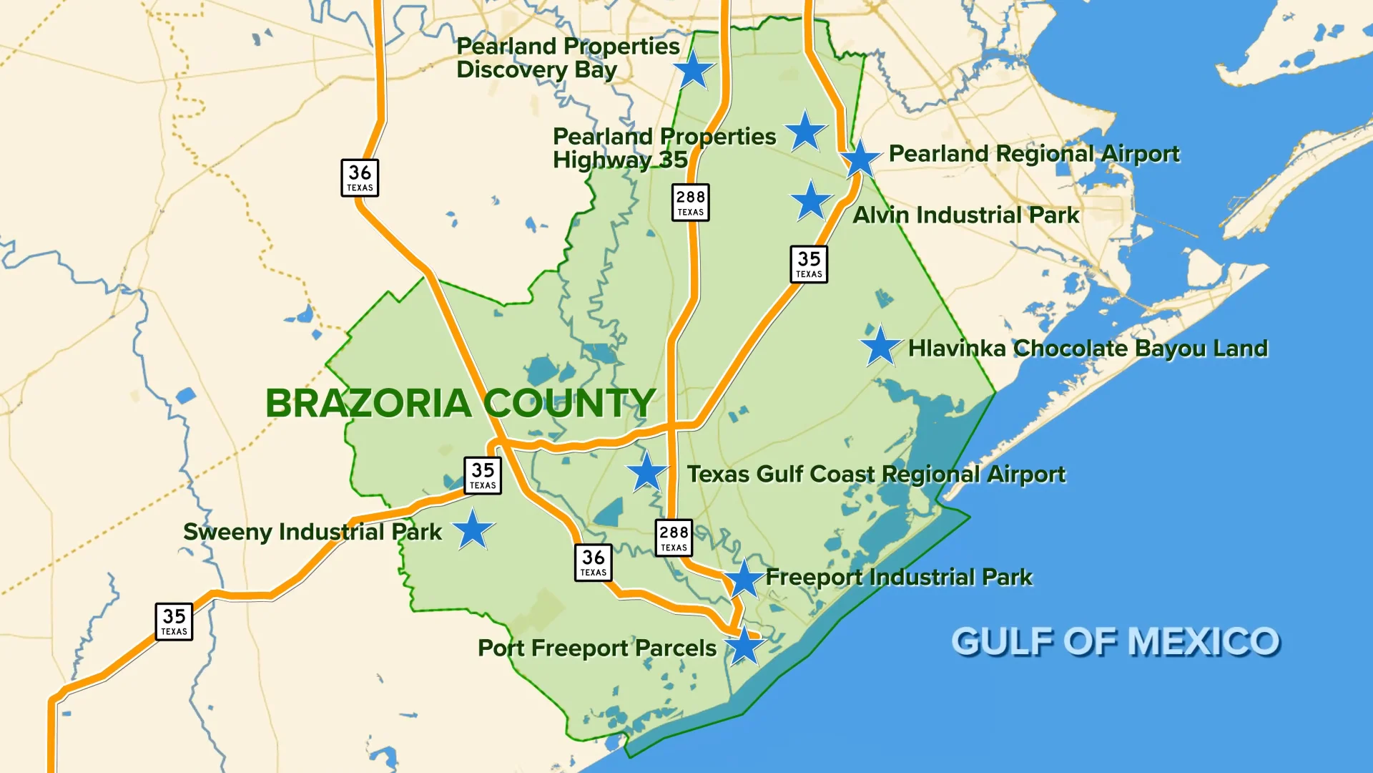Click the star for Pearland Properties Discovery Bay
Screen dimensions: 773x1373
(x=693, y=71)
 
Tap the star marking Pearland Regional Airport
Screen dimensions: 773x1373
(x=860, y=160)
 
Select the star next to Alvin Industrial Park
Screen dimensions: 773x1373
(x=811, y=201)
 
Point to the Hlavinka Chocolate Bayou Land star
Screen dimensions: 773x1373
(x=880, y=346)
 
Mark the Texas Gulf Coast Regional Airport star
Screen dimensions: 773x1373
(x=647, y=472)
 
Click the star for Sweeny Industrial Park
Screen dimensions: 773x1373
(x=473, y=530)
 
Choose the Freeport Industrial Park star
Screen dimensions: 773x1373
(x=744, y=578)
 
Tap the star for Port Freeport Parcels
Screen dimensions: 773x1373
(x=744, y=646)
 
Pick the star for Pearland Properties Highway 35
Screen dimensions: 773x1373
(x=805, y=132)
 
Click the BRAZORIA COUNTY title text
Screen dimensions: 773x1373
(x=461, y=403)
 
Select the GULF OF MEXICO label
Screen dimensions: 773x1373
(x=1115, y=641)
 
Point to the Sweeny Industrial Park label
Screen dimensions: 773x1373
(x=313, y=532)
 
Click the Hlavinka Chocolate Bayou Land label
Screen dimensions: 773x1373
(x=1088, y=349)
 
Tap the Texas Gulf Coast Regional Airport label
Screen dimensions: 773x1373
(x=876, y=474)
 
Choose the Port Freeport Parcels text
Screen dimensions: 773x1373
(x=597, y=648)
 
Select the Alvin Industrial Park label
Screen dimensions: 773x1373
(x=966, y=215)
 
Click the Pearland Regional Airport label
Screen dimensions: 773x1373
(x=1034, y=154)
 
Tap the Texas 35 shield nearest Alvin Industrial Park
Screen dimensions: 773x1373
(x=809, y=264)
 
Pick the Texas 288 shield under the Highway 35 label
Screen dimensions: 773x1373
(x=690, y=203)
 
